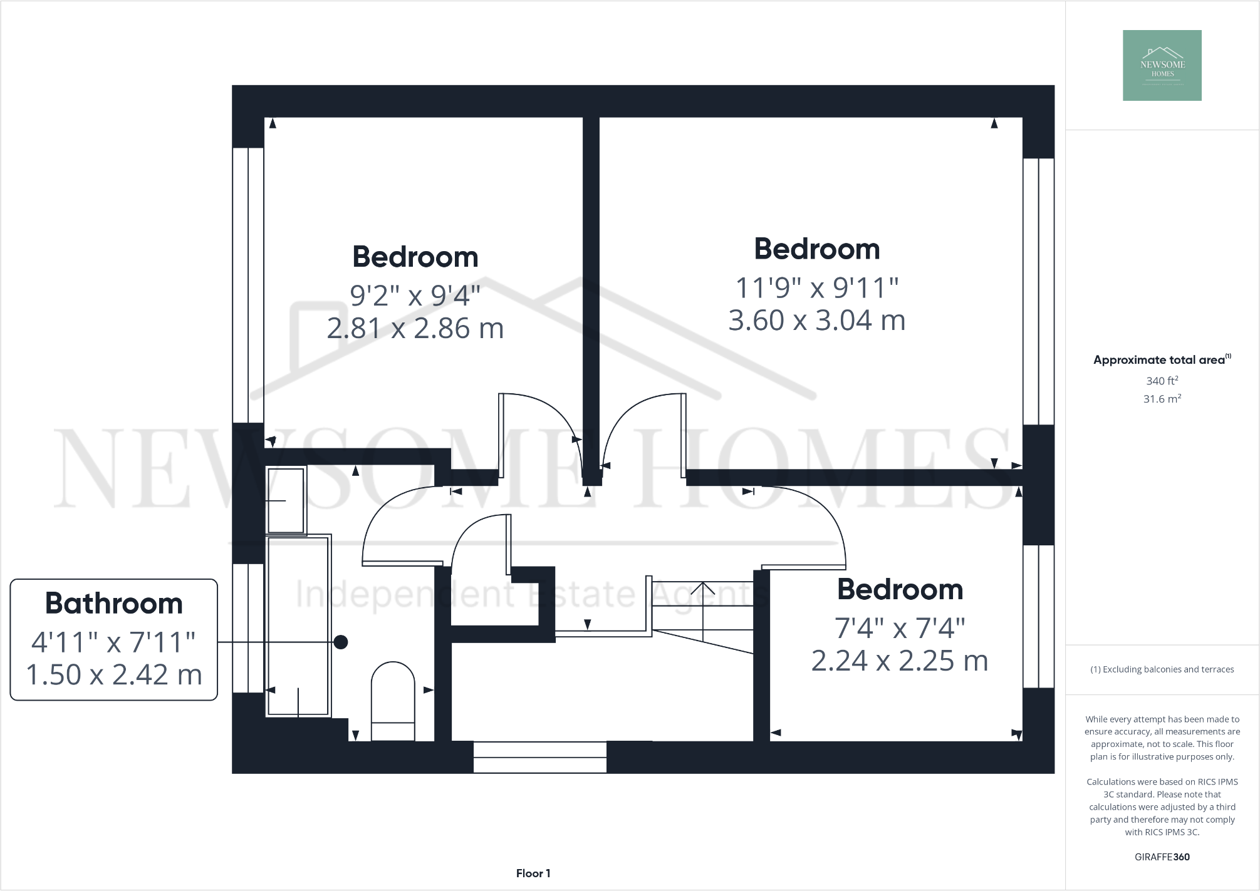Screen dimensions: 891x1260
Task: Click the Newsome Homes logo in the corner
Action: pyautogui.click(x=1162, y=65)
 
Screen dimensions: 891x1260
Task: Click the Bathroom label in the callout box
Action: pyautogui.click(x=113, y=604)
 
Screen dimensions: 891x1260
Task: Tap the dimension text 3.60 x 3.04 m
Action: pyautogui.click(x=816, y=321)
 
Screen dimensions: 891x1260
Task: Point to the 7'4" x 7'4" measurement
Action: pyautogui.click(x=899, y=628)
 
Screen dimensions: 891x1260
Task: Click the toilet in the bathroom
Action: pyautogui.click(x=393, y=700)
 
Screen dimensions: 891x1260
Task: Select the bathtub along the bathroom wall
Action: pyautogui.click(x=298, y=626)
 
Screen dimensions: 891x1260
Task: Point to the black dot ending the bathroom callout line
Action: pyautogui.click(x=341, y=642)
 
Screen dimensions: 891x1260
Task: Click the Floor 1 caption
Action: pyautogui.click(x=533, y=873)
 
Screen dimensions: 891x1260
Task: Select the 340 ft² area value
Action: pyautogui.click(x=1162, y=381)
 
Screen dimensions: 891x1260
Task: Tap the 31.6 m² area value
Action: pyautogui.click(x=1162, y=399)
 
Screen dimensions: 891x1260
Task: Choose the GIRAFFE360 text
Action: pyautogui.click(x=1162, y=857)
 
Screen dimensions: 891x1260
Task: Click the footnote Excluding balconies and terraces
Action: pyautogui.click(x=1162, y=669)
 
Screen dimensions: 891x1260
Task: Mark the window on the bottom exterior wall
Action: pyautogui.click(x=539, y=757)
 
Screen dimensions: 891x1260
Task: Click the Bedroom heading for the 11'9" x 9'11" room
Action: pyautogui.click(x=816, y=249)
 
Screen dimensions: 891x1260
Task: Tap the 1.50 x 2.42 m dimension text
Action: pyautogui.click(x=113, y=674)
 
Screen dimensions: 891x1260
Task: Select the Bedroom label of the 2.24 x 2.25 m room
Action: pyautogui.click(x=899, y=590)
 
